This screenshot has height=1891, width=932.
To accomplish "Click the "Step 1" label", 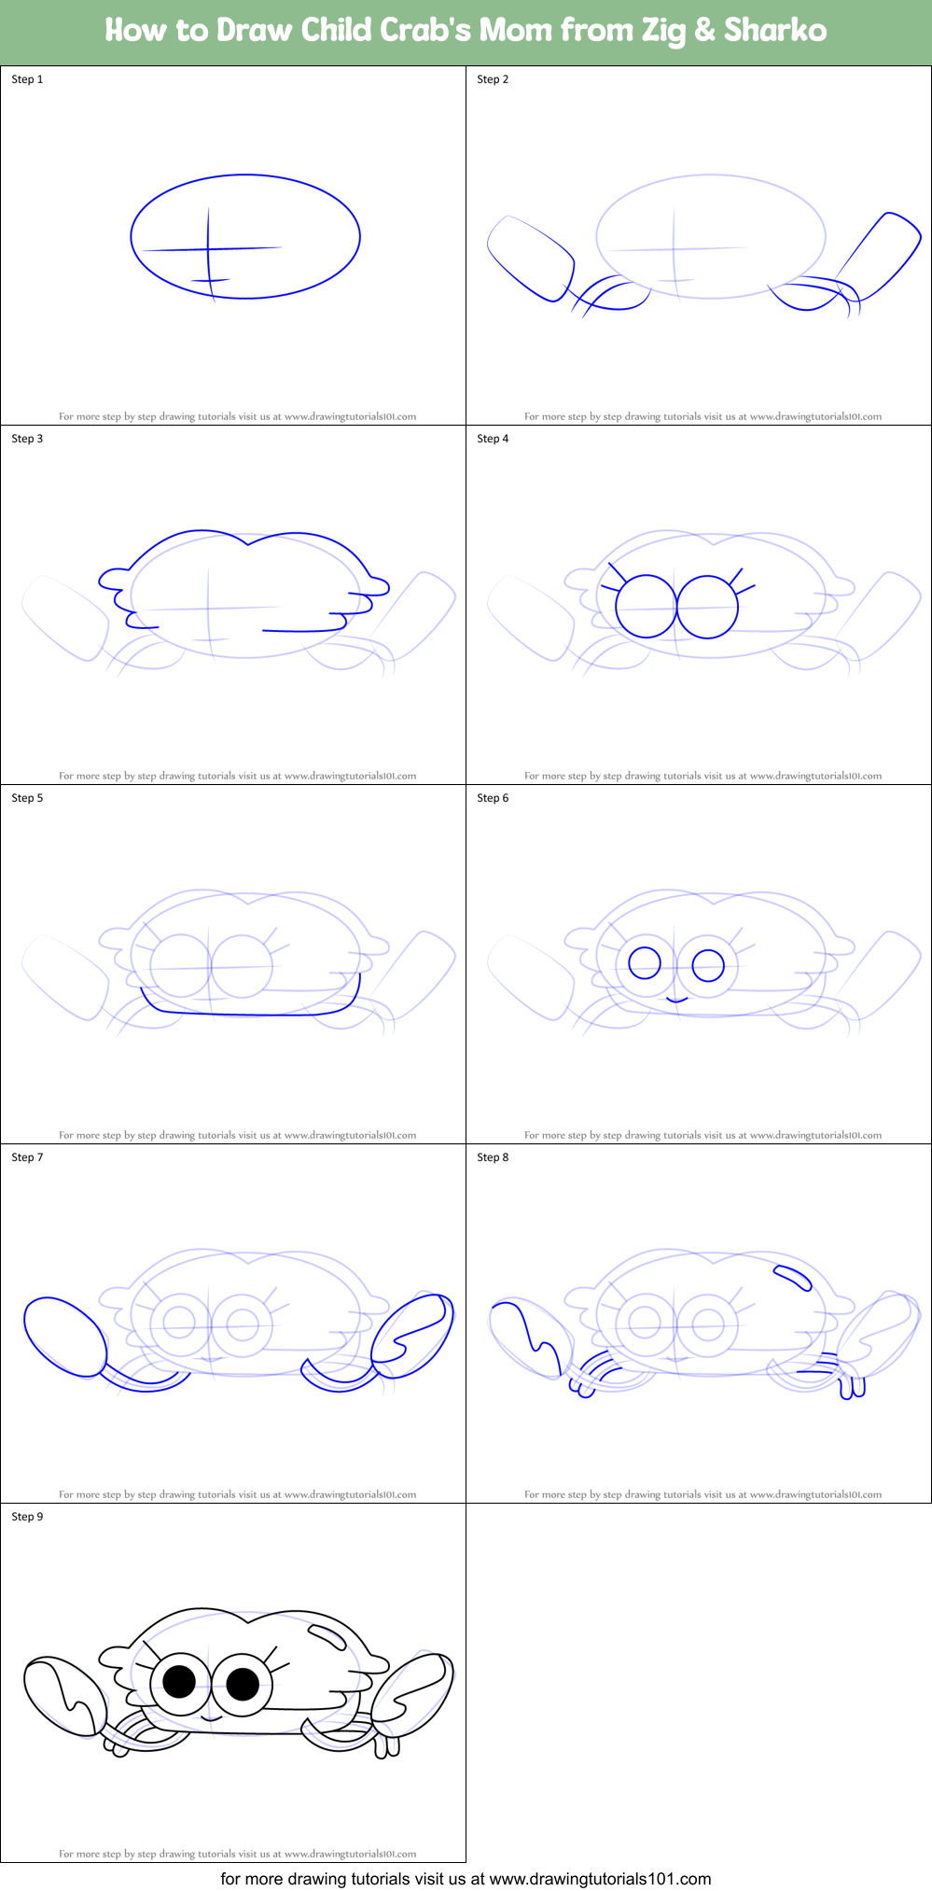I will (x=27, y=79).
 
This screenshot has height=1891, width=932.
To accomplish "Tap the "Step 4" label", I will (x=493, y=439).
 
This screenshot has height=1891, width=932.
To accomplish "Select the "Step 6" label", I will (x=493, y=798).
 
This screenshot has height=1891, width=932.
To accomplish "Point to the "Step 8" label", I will (x=493, y=1157).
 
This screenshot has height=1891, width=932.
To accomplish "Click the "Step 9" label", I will (x=27, y=1517).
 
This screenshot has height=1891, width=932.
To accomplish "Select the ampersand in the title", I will (x=705, y=30).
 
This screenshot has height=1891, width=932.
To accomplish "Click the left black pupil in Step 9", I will (x=179, y=1681).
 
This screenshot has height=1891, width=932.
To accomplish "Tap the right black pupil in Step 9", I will (x=243, y=1684).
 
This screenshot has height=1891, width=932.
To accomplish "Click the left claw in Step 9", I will (x=63, y=1696).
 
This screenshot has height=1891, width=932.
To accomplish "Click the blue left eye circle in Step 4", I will (x=646, y=607).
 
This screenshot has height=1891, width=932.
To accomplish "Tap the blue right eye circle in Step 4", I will (x=708, y=607).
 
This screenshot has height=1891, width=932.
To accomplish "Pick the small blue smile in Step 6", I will (x=677, y=1000).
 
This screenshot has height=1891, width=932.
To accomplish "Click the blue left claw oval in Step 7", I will (x=64, y=1336).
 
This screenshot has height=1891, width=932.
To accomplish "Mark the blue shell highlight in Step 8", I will (x=792, y=1276).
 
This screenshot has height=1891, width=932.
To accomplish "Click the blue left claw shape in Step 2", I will (x=530, y=259).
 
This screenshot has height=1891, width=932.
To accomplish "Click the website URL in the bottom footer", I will (x=600, y=1878).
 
